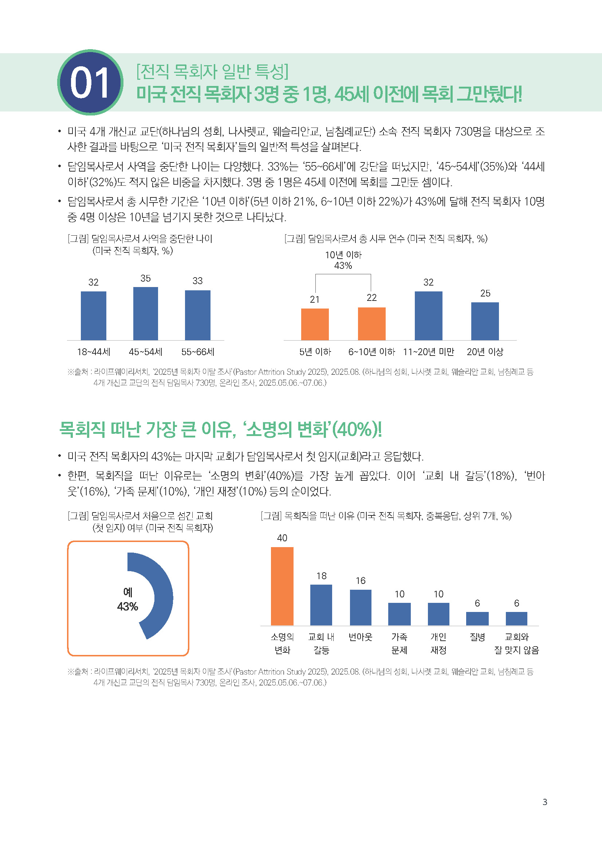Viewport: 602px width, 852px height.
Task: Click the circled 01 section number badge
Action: [90, 82]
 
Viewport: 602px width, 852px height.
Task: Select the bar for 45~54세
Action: [145, 314]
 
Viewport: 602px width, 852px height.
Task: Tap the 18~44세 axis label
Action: [94, 352]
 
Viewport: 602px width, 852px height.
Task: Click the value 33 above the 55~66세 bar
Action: [197, 281]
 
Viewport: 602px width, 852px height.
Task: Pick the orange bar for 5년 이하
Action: [315, 324]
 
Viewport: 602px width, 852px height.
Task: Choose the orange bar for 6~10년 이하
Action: [371, 323]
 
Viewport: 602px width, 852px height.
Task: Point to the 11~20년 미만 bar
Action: [428, 315]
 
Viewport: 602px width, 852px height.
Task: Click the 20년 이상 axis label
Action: [485, 352]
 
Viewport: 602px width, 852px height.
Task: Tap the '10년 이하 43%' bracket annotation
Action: [343, 260]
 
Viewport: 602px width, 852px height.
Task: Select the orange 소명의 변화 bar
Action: [282, 586]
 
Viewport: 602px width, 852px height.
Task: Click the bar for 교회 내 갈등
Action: [321, 605]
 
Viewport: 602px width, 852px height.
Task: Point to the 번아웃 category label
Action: [360, 637]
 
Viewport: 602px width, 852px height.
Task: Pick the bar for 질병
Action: [477, 619]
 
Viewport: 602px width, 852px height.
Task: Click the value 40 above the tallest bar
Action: [282, 538]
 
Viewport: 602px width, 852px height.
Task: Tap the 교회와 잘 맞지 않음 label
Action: [516, 643]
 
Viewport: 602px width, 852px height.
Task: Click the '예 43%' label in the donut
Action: [127, 599]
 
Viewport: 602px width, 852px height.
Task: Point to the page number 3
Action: [544, 802]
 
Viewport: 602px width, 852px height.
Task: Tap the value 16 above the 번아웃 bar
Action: [361, 581]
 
